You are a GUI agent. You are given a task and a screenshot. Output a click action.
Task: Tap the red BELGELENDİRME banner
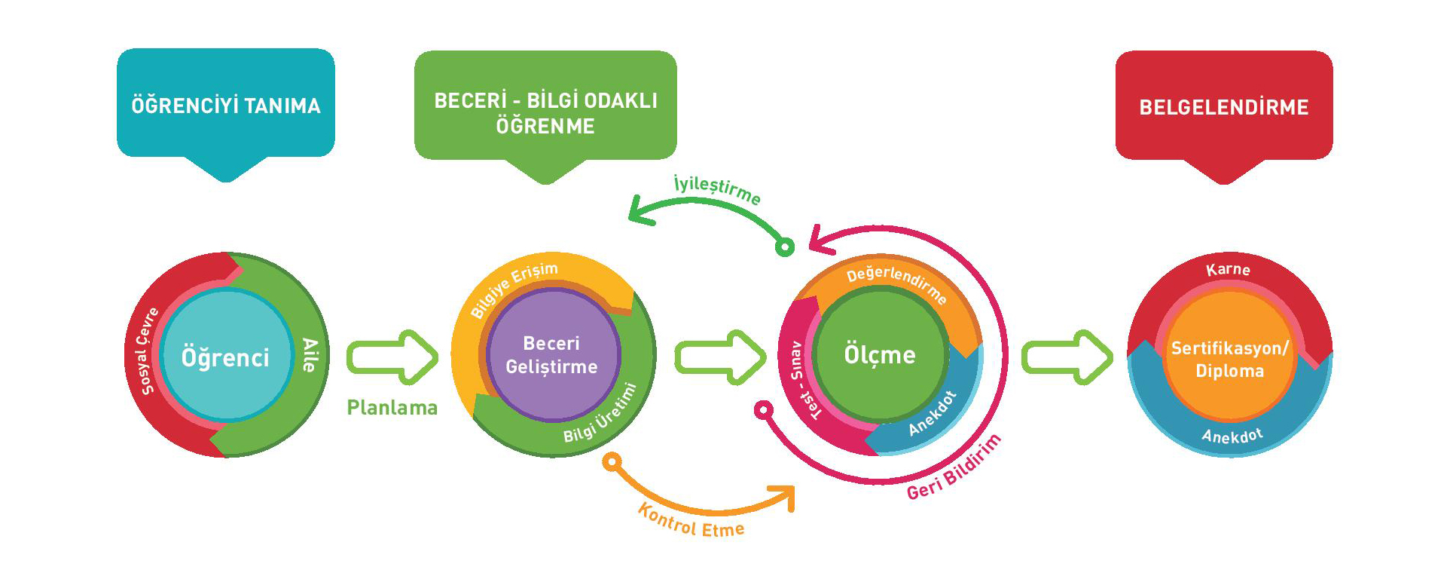[1223, 106]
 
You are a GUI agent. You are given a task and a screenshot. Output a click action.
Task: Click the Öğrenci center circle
[225, 357]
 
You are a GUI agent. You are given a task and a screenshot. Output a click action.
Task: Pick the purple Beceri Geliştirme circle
[552, 355]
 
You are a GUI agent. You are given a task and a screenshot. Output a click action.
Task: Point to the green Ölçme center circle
[880, 354]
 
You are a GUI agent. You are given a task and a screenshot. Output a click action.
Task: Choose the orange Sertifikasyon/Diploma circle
[1229, 359]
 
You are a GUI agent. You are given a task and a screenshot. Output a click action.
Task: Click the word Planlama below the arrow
[392, 408]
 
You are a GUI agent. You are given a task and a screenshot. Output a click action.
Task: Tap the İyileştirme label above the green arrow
[716, 189]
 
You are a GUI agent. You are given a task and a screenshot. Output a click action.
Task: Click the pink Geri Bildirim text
[954, 468]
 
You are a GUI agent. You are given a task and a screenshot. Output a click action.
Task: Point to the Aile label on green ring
[310, 355]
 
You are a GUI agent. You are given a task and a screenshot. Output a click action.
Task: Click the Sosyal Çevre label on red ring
[147, 351]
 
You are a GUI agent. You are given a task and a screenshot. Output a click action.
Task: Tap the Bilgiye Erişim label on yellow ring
[514, 289]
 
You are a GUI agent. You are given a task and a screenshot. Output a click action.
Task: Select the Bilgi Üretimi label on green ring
[600, 414]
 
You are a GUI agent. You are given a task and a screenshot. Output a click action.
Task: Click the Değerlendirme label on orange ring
[896, 282]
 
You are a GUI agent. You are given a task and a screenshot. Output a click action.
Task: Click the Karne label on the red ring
[1228, 270]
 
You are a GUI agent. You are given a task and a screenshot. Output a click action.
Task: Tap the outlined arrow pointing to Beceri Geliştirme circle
[392, 357]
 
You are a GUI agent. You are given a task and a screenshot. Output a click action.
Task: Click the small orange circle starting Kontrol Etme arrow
[612, 461]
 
